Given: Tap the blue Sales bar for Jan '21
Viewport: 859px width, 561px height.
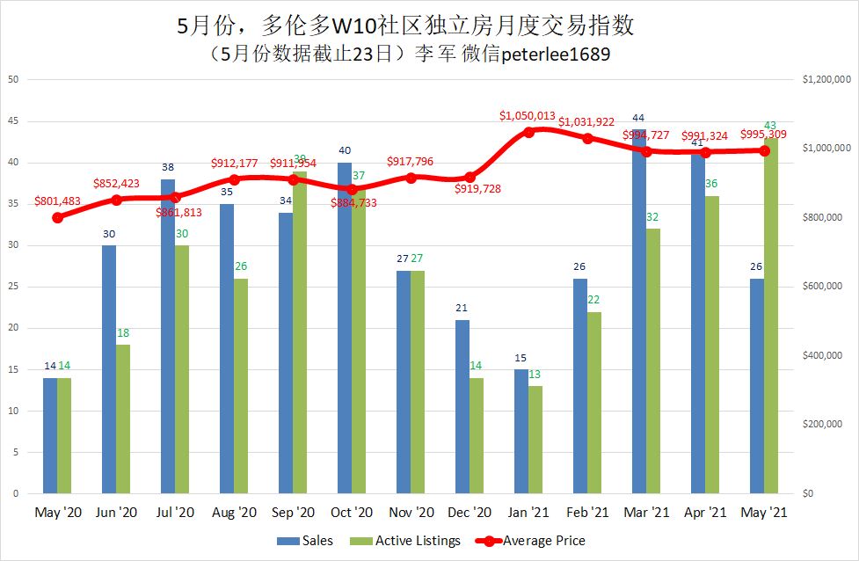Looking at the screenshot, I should (x=521, y=431).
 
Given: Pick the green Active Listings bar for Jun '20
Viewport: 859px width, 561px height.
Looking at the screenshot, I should (x=124, y=418).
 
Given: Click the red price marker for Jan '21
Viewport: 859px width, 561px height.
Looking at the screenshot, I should (x=528, y=132).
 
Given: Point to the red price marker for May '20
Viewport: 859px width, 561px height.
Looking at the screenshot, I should (x=58, y=217).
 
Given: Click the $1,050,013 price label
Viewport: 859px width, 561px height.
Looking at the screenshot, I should (x=528, y=115).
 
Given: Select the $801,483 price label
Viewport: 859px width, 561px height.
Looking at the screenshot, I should (x=57, y=201).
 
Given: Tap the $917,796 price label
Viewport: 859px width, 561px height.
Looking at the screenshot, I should (x=411, y=162).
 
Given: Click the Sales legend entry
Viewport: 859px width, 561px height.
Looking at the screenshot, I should (x=305, y=541).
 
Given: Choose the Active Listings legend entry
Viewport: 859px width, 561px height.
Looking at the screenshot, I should (x=407, y=541).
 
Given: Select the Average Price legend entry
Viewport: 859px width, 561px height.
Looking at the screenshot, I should (x=530, y=541).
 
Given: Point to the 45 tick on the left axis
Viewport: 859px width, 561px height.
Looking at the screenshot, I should (x=12, y=121).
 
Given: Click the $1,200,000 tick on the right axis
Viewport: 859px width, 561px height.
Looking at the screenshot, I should (x=826, y=80).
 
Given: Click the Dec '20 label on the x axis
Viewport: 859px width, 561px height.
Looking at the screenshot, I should (x=470, y=512).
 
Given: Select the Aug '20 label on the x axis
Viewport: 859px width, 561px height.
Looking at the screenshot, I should (x=234, y=512).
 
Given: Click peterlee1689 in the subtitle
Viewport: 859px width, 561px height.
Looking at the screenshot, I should (x=556, y=55).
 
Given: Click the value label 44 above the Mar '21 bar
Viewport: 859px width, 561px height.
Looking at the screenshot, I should (x=638, y=118).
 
